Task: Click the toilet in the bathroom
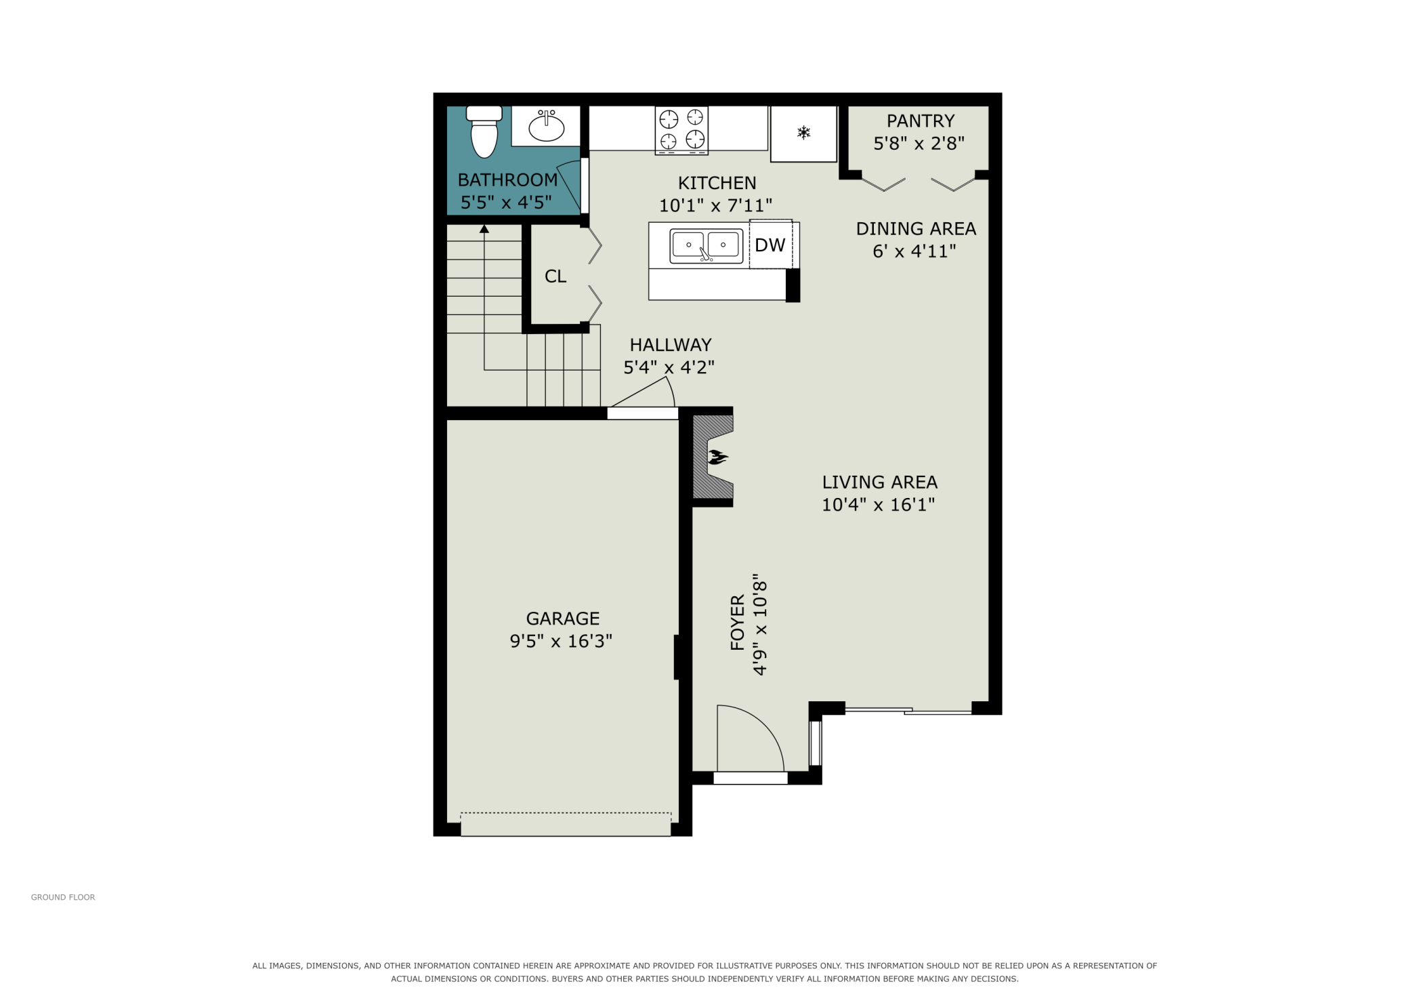point(484,132)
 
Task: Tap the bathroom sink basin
point(546,127)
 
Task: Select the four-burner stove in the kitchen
point(681,130)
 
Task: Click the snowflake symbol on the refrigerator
point(803,133)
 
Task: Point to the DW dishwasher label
point(770,245)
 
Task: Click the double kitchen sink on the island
point(706,245)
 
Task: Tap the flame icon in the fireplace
point(717,458)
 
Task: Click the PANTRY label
point(921,121)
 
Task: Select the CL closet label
point(555,276)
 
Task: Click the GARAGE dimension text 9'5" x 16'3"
point(561,641)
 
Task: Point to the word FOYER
point(738,623)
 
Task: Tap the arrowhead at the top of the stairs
point(484,229)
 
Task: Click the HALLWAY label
point(671,345)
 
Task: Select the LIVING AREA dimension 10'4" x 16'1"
point(879,505)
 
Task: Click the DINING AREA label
point(916,228)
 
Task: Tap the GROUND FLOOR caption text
point(63,897)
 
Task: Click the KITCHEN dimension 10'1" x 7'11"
point(716,205)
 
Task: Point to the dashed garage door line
point(566,813)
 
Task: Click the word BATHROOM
point(507,180)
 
